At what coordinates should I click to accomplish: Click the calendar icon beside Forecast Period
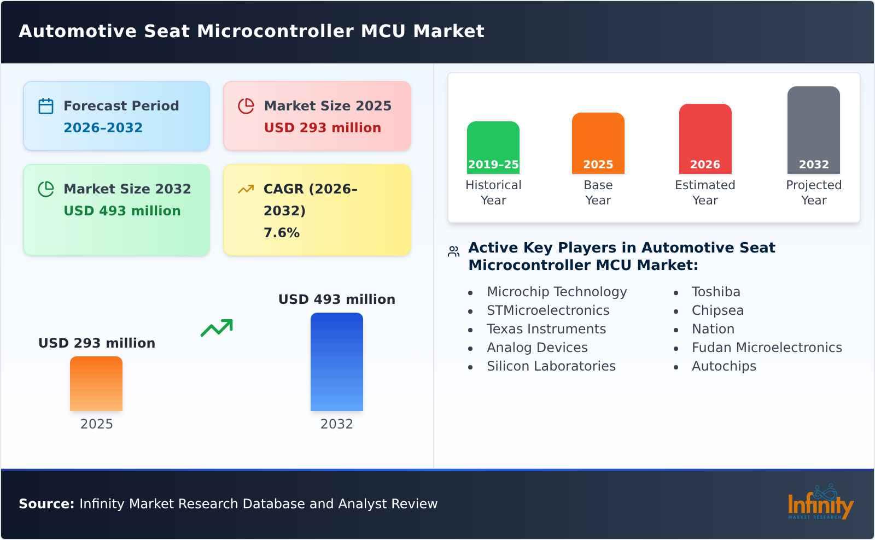46,106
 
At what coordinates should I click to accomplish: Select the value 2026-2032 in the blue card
103,128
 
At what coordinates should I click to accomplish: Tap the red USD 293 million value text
322,128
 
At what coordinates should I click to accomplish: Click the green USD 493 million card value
122,211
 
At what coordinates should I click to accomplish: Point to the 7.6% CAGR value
281,233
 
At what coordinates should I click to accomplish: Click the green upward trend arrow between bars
217,328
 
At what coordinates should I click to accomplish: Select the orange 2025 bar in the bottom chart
96,384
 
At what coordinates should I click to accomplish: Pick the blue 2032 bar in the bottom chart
336,362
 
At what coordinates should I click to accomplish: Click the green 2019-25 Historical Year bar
493,148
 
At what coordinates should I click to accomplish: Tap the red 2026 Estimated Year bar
705,139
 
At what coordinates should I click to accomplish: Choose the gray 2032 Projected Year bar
813,130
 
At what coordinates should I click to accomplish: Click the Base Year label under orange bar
598,192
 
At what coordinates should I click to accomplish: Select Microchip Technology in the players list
557,292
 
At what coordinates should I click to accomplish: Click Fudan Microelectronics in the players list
766,348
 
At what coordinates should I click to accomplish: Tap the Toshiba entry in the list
715,292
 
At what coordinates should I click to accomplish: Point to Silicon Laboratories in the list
551,366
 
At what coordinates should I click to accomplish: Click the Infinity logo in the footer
820,503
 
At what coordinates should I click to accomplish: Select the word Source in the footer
46,504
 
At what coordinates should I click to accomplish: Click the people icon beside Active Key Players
453,251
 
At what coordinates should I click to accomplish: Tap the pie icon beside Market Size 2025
246,106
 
